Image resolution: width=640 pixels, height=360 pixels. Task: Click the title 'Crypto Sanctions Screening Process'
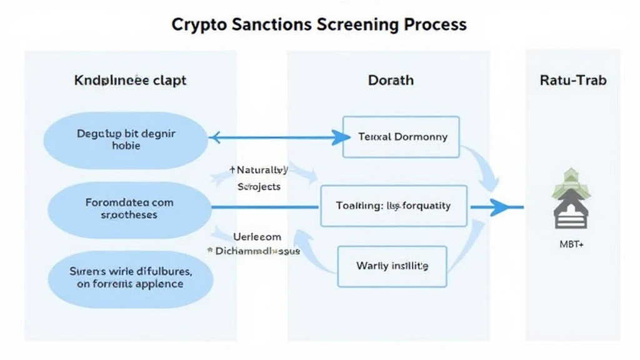click(x=319, y=24)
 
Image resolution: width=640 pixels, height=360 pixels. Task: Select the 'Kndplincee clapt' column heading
click(x=130, y=80)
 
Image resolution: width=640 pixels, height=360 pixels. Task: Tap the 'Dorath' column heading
click(x=391, y=80)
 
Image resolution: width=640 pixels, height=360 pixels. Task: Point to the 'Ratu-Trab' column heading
click(x=572, y=80)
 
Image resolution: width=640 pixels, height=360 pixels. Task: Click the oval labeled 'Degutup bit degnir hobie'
click(x=126, y=139)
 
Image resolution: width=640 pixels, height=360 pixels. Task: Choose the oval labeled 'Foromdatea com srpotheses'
click(x=129, y=208)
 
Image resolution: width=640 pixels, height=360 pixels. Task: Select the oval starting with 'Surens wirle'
click(x=130, y=277)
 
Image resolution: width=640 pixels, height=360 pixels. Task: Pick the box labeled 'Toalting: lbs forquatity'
click(x=393, y=205)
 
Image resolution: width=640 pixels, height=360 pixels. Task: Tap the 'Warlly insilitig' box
click(x=392, y=266)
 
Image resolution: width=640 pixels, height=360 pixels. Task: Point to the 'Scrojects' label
click(x=259, y=186)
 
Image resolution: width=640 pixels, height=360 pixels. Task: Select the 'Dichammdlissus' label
click(x=255, y=251)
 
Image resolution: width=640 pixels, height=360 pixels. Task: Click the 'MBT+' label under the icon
click(x=571, y=245)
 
